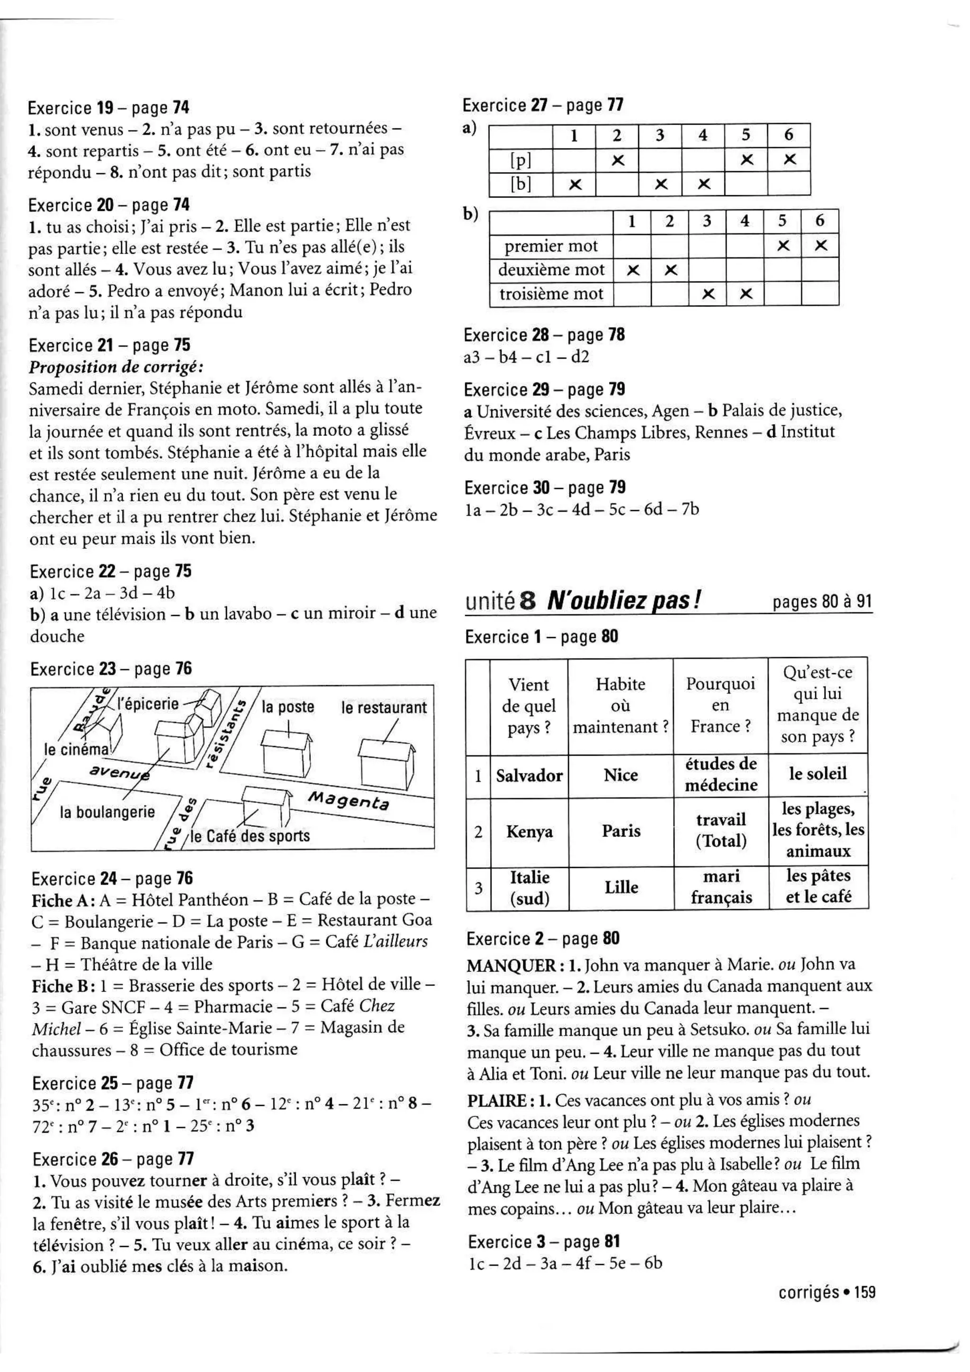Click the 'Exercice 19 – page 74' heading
pyautogui.click(x=109, y=108)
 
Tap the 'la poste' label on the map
pyautogui.click(x=288, y=707)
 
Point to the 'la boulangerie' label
pyautogui.click(x=108, y=812)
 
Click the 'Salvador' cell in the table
pyautogui.click(x=529, y=776)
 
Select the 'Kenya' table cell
pyautogui.click(x=529, y=832)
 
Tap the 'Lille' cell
pyautogui.click(x=621, y=887)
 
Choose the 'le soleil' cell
pyautogui.click(x=817, y=774)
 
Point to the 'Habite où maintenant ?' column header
pyautogui.click(x=620, y=706)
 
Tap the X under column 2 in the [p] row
pyautogui.click(x=618, y=160)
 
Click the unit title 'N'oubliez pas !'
pyautogui.click(x=624, y=601)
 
